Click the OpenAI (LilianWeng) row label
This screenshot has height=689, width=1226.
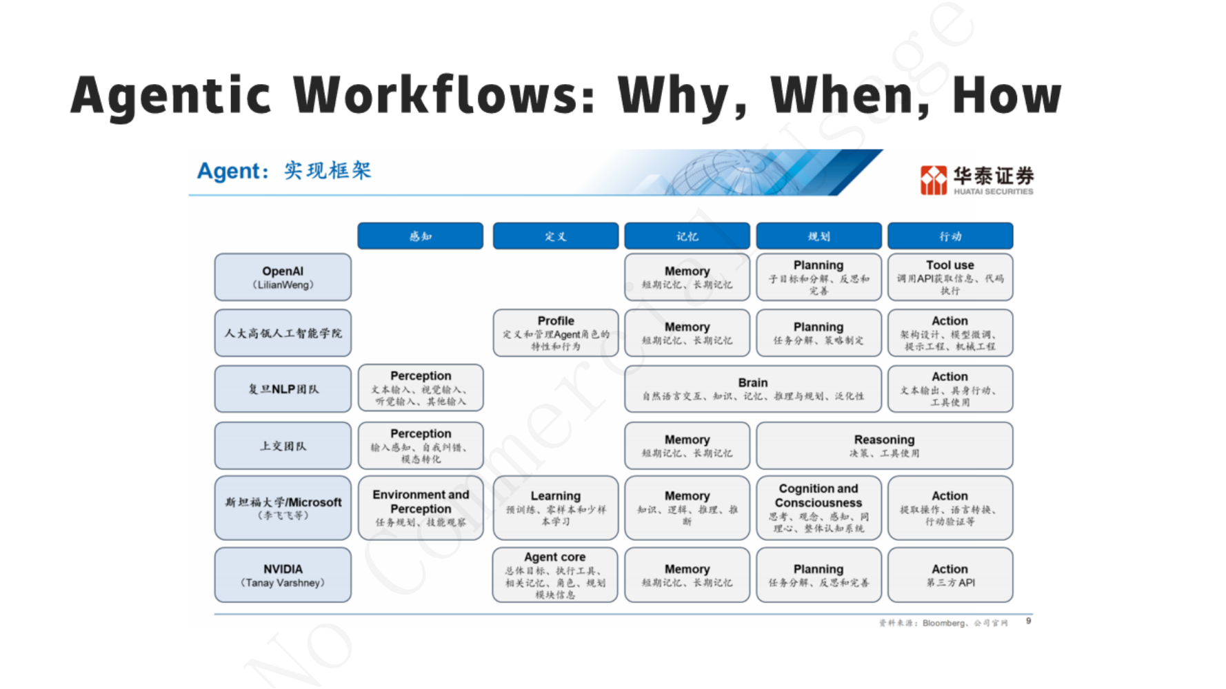tap(283, 277)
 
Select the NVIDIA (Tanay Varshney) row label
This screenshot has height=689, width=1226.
tap(283, 575)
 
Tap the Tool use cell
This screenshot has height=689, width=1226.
tap(949, 277)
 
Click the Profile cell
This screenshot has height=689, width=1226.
tap(555, 333)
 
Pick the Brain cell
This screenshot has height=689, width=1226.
tap(752, 389)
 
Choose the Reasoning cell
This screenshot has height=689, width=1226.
tap(884, 445)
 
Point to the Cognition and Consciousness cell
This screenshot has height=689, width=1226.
tap(818, 508)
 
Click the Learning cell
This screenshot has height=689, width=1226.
tap(555, 508)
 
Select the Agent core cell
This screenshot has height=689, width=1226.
tap(554, 575)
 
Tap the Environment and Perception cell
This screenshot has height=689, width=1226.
tap(421, 508)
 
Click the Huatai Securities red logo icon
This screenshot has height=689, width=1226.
tap(934, 181)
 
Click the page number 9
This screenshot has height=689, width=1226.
tap(1028, 621)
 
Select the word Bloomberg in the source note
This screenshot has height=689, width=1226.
tap(943, 623)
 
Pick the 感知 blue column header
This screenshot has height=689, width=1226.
tap(420, 236)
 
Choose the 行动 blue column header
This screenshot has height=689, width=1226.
tap(949, 236)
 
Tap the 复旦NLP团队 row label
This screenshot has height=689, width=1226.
tap(283, 389)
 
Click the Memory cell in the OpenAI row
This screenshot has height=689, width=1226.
tap(687, 277)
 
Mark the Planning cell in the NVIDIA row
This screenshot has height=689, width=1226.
tap(818, 575)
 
